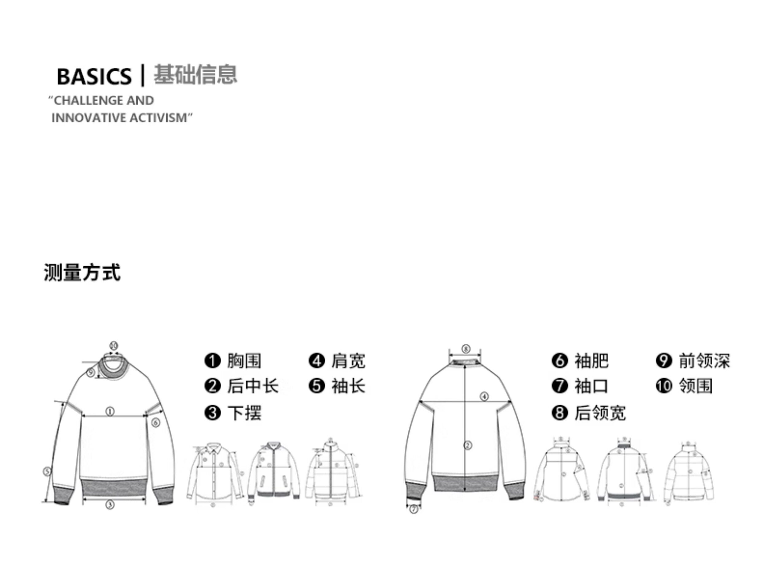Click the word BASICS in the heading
tap(94, 76)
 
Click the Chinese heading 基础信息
tap(195, 74)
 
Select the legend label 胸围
tap(244, 361)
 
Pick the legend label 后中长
tap(252, 386)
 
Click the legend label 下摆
tap(244, 413)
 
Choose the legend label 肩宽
tap(348, 361)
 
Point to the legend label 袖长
tap(348, 386)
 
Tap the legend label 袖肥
tap(591, 361)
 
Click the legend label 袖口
tap(591, 386)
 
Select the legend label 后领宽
tap(600, 413)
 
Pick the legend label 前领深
tap(704, 361)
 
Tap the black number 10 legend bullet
tap(664, 386)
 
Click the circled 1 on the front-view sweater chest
tap(110, 411)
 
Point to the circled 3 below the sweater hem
tap(110, 505)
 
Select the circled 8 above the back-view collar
tap(465, 349)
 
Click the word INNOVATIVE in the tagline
tap(88, 118)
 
